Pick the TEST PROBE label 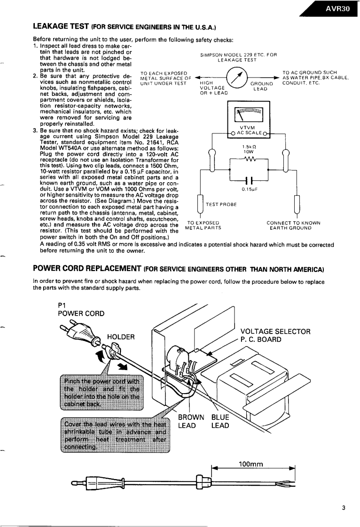221,205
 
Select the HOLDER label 121,336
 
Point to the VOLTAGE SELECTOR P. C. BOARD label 275,335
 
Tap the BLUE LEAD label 220,421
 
